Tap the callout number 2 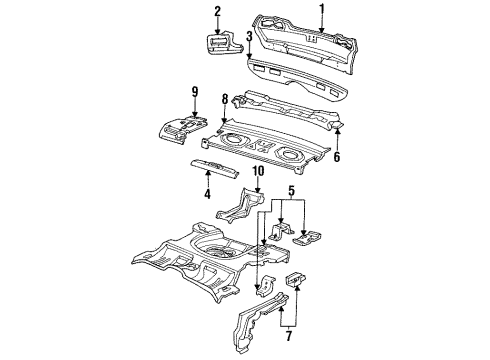(216, 11)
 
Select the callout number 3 (247, 37)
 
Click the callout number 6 (336, 157)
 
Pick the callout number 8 (227, 100)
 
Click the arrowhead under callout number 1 (322, 27)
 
